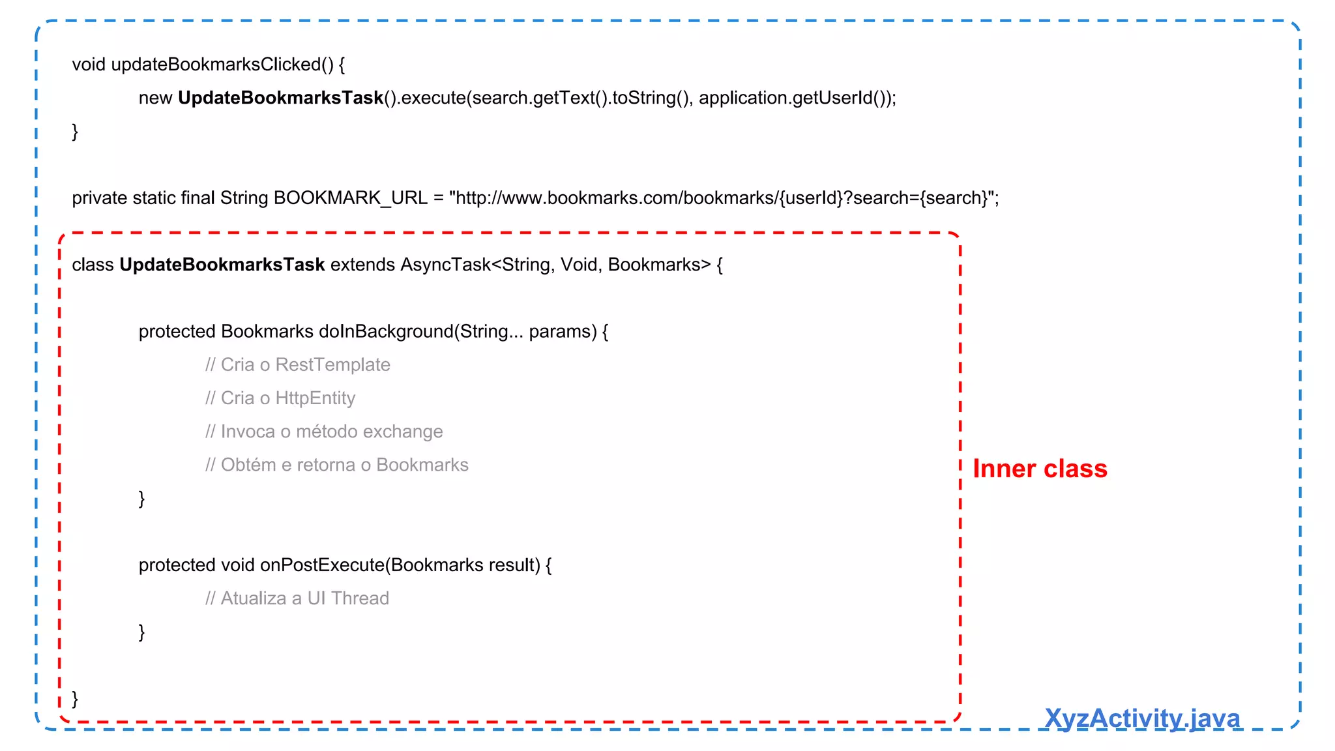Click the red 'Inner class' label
1040,469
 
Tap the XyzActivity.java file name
1141,718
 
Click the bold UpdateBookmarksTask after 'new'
280,98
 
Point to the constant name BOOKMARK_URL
350,198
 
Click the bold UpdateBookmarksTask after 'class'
222,265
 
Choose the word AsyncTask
445,265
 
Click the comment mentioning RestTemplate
298,364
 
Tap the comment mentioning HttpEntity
280,398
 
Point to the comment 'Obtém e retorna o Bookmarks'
337,465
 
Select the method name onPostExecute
322,565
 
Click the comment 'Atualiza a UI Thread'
297,598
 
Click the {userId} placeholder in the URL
811,198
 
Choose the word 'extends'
362,265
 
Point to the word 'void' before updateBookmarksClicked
89,65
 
